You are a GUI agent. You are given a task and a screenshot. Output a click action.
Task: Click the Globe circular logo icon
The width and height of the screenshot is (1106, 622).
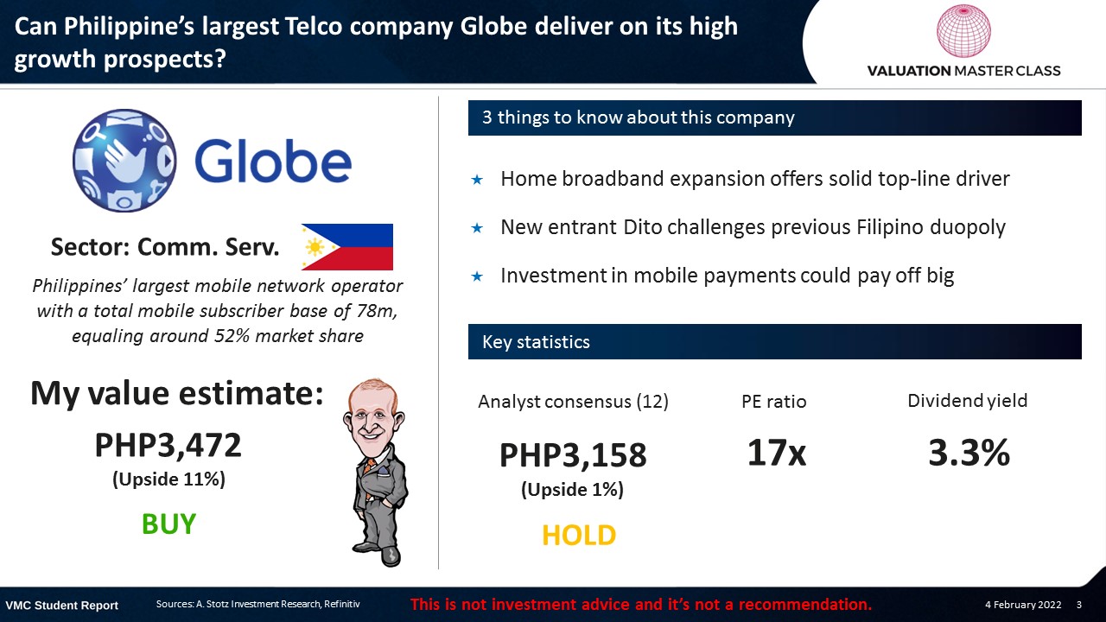pyautogui.click(x=124, y=161)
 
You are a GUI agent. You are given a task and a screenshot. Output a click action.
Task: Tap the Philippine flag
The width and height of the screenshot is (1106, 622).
pyautogui.click(x=347, y=247)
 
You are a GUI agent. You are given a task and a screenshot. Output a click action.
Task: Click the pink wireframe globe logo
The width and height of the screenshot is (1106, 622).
pyautogui.click(x=963, y=30)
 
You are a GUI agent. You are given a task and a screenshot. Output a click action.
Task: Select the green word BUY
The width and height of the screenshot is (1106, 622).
pyautogui.click(x=168, y=524)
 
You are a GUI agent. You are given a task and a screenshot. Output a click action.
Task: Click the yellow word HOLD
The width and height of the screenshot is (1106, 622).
pyautogui.click(x=579, y=535)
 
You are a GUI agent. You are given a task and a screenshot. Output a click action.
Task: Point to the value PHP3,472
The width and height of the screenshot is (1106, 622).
pyautogui.click(x=168, y=445)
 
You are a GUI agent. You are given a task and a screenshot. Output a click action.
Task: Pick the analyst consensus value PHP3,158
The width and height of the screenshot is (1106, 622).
pyautogui.click(x=573, y=455)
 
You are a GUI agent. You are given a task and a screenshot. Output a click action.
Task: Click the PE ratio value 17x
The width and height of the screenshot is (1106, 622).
pyautogui.click(x=776, y=452)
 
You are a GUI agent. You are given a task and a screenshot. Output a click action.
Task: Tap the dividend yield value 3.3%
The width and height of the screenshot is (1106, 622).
pyautogui.click(x=969, y=452)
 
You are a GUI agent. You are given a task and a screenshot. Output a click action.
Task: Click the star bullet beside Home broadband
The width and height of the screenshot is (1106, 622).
pyautogui.click(x=477, y=180)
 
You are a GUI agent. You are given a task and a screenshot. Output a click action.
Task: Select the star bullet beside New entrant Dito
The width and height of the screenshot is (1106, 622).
pyautogui.click(x=477, y=228)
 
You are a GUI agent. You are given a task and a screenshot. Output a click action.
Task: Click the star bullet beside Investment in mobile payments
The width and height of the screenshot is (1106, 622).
pyautogui.click(x=477, y=276)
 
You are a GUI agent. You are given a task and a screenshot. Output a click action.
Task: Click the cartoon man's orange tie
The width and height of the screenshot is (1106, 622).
pyautogui.click(x=369, y=467)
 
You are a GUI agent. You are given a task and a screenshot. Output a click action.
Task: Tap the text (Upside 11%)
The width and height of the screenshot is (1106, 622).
pyautogui.click(x=168, y=479)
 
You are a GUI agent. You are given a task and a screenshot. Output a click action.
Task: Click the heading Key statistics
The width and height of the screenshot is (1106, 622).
pyautogui.click(x=536, y=341)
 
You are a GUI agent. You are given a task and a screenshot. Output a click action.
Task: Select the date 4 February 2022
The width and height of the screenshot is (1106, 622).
pyautogui.click(x=1023, y=605)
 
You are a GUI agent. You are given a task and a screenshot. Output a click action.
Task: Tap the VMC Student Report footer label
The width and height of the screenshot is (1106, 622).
pyautogui.click(x=61, y=606)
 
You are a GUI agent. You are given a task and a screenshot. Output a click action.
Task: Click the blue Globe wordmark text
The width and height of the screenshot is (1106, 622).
pyautogui.click(x=273, y=160)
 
